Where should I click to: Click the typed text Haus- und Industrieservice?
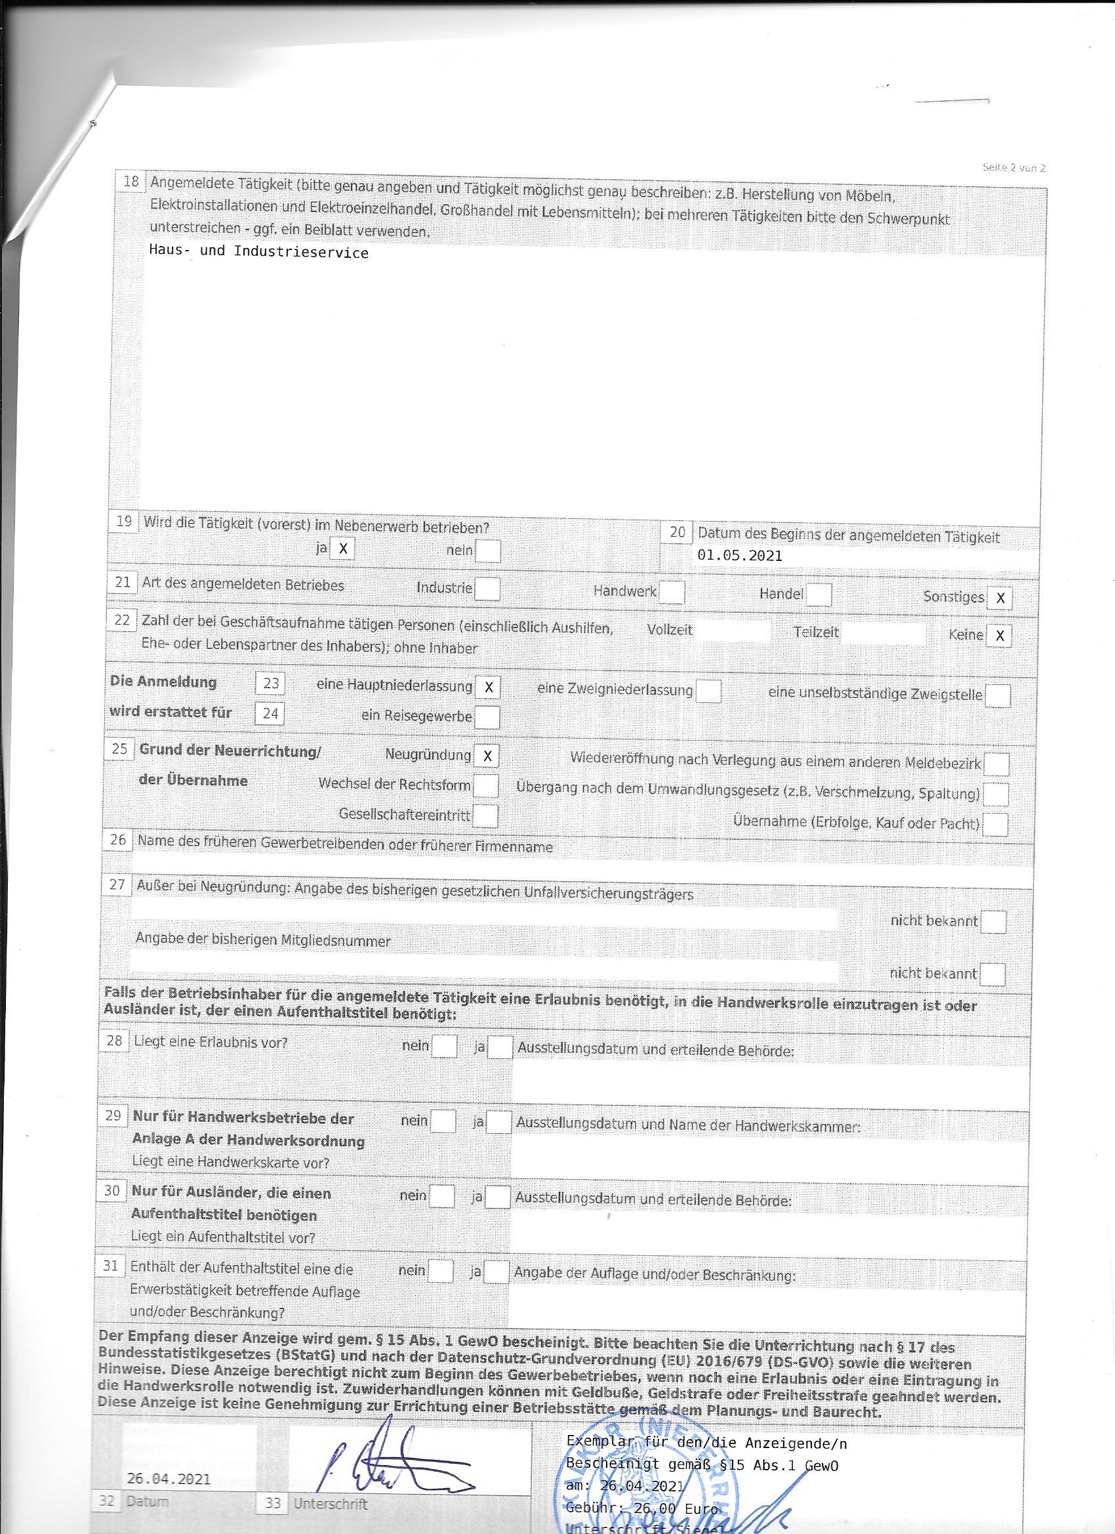click(x=258, y=253)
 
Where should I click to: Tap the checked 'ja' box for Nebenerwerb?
click(x=342, y=549)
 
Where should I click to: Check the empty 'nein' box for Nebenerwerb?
click(x=488, y=551)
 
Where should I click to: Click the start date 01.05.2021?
click(x=739, y=556)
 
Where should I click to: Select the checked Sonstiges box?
click(x=1000, y=598)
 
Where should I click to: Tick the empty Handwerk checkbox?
click(x=672, y=592)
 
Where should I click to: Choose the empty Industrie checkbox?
click(x=487, y=589)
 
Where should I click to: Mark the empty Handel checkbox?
click(x=819, y=595)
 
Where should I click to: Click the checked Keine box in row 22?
click(x=999, y=636)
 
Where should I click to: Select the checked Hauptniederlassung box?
click(x=487, y=688)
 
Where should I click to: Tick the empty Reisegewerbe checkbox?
click(x=487, y=717)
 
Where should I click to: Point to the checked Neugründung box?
click(x=487, y=755)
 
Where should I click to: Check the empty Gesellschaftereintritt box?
click(x=485, y=816)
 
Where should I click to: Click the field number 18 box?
click(x=131, y=181)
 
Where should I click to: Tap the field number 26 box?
click(x=117, y=840)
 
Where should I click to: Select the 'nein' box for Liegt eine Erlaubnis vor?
click(x=444, y=1046)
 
